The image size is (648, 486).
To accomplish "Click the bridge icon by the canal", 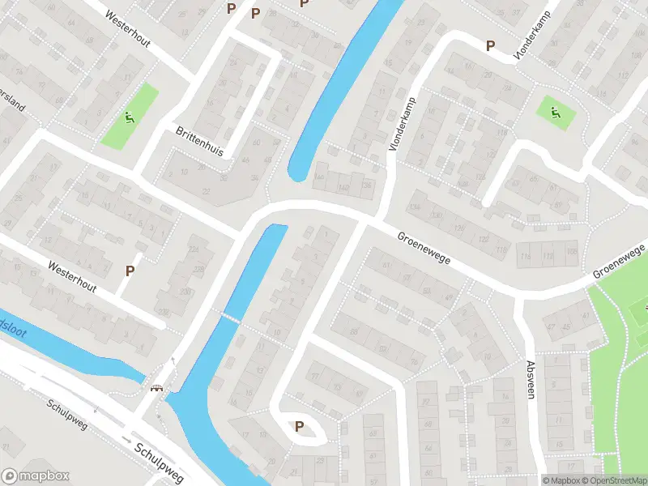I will (x=157, y=387).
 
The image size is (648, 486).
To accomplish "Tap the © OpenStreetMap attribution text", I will (x=613, y=480).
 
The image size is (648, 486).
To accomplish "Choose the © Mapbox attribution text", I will (x=561, y=480).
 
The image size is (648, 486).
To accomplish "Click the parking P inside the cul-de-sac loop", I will (x=299, y=427).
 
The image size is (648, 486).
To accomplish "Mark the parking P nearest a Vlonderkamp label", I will (x=489, y=46).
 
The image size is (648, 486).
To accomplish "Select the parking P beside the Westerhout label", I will (x=129, y=271).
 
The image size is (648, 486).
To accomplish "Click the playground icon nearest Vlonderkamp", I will (x=555, y=112).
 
